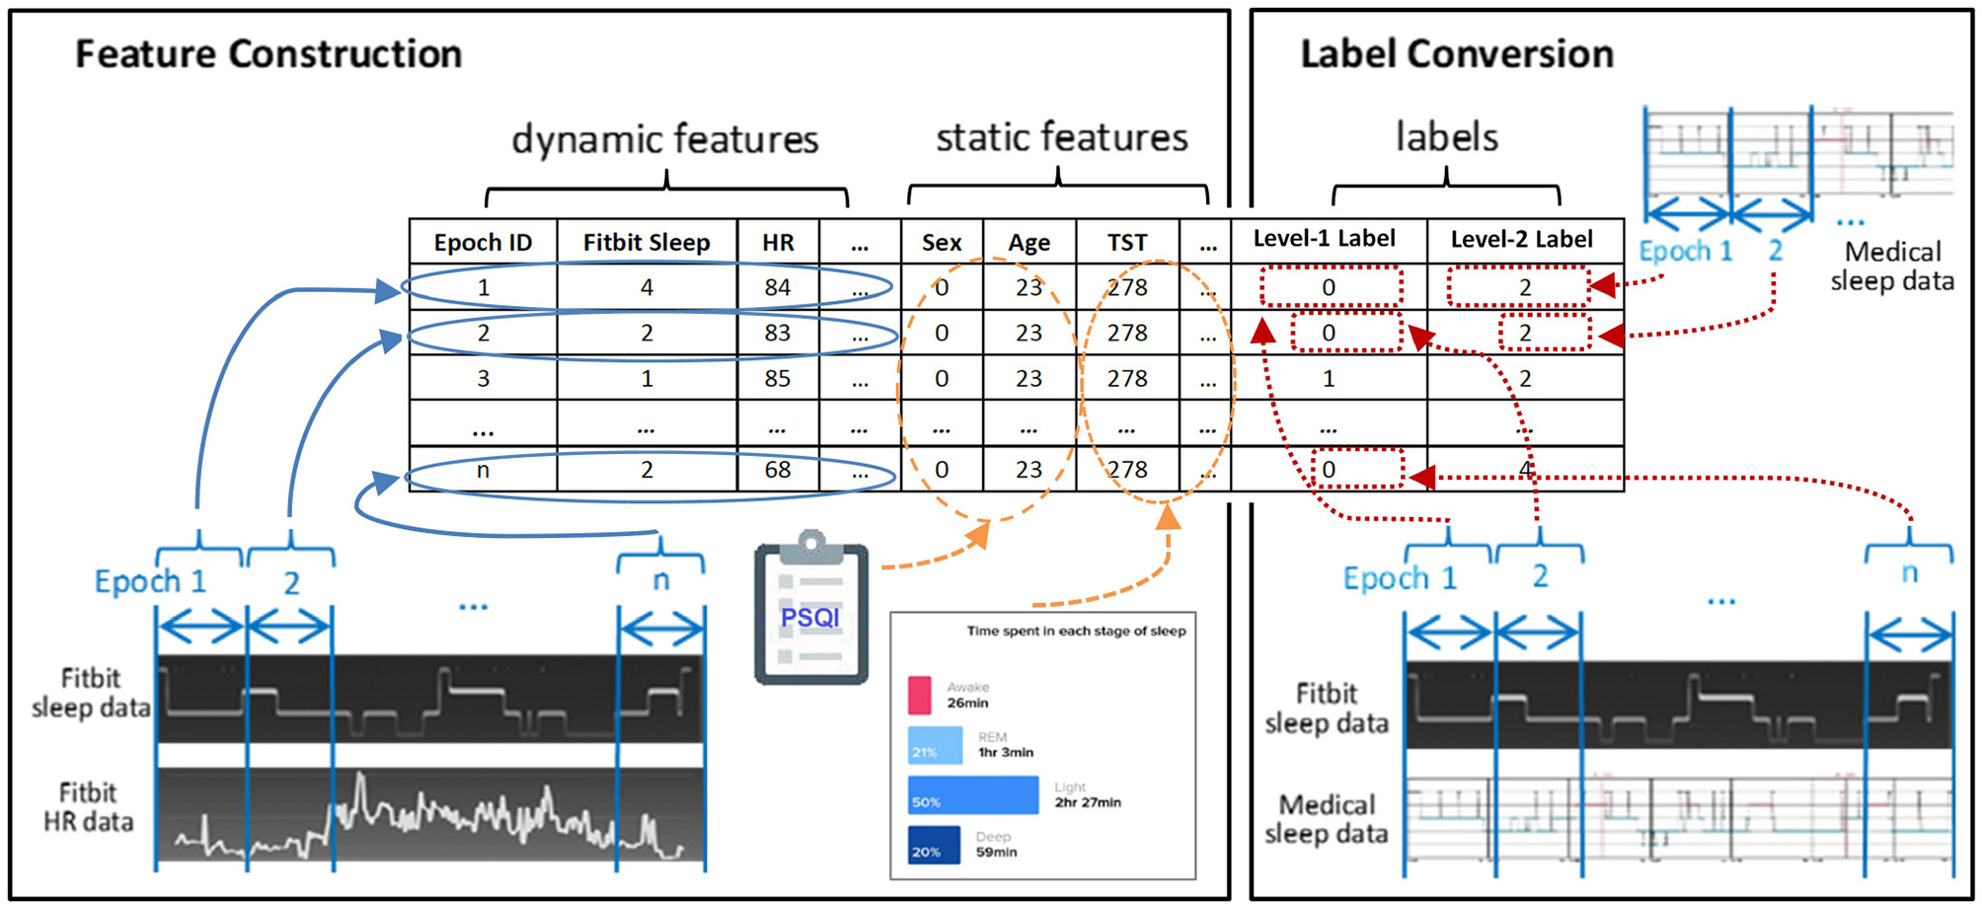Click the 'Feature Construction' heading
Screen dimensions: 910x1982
tap(268, 54)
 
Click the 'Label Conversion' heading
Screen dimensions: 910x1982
tap(1456, 54)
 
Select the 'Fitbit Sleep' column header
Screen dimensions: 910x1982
tap(647, 243)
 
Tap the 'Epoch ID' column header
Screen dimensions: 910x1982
tap(483, 243)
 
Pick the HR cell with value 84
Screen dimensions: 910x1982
tap(778, 287)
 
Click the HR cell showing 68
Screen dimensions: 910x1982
tap(778, 470)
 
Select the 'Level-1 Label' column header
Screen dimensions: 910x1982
tap(1324, 239)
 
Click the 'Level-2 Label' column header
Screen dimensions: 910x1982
tap(1521, 239)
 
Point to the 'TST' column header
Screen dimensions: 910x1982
tap(1126, 243)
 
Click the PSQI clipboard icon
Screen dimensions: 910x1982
tap(811, 612)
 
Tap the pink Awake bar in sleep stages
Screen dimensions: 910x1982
tap(919, 695)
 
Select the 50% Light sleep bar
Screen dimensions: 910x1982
tap(973, 795)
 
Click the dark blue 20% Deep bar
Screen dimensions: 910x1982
tap(934, 845)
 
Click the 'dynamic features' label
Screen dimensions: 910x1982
tap(664, 139)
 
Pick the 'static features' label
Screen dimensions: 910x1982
tap(1061, 137)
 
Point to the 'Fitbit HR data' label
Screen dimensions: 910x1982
tap(88, 807)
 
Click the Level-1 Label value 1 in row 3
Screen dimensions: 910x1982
tap(1329, 378)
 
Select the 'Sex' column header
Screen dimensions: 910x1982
tap(942, 243)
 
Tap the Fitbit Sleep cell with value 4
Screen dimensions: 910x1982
tap(647, 287)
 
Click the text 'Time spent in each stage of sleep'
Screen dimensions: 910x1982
tap(1076, 631)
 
